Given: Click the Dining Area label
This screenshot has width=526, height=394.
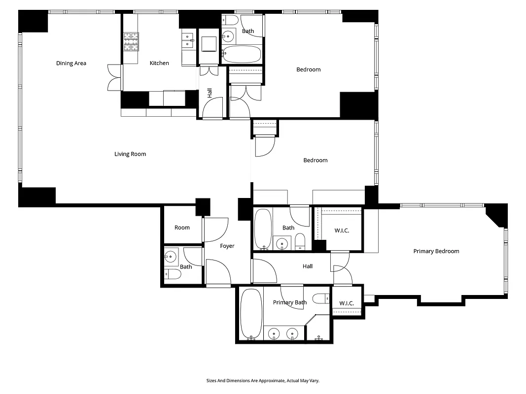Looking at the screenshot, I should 71,63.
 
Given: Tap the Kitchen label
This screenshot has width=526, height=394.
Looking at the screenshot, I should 159,63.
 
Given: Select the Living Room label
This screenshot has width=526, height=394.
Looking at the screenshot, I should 130,154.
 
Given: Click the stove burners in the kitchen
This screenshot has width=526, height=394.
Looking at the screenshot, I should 131,41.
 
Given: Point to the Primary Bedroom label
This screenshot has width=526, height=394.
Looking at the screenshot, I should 436,251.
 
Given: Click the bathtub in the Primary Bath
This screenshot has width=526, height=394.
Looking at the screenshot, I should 251,314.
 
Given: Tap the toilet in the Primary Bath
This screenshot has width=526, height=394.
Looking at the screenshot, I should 321,298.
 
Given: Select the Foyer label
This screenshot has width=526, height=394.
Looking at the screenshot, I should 227,246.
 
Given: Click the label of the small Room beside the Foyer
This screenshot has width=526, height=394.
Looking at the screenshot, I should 182,228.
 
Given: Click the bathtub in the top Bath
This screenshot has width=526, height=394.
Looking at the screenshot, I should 241,54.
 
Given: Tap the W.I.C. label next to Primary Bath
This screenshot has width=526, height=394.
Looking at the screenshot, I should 346,303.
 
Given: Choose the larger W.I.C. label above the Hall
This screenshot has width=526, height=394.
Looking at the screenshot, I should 342,230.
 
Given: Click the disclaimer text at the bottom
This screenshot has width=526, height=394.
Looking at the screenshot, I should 263,381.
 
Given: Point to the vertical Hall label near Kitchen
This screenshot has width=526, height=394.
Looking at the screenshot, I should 210,93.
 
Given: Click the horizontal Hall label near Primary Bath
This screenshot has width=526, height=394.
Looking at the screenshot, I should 308,266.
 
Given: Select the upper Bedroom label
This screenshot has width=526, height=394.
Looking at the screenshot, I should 308,69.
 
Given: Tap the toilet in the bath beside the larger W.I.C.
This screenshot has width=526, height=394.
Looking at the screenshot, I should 300,241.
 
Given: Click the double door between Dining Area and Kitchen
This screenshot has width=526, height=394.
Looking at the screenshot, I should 114,78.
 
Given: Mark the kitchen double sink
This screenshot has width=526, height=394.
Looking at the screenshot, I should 188,40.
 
